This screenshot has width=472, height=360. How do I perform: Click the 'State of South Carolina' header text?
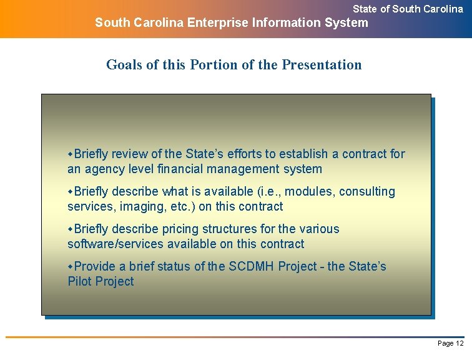pos(408,9)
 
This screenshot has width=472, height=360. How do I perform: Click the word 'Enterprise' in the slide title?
pos(217,23)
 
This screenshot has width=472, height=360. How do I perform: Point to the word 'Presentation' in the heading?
pos(322,64)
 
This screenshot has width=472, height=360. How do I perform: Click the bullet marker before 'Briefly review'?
pos(71,154)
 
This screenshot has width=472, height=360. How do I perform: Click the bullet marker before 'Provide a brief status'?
pos(71,266)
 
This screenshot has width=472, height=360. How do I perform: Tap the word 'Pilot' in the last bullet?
pos(81,281)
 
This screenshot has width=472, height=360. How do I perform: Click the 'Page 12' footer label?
pos(450,343)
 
